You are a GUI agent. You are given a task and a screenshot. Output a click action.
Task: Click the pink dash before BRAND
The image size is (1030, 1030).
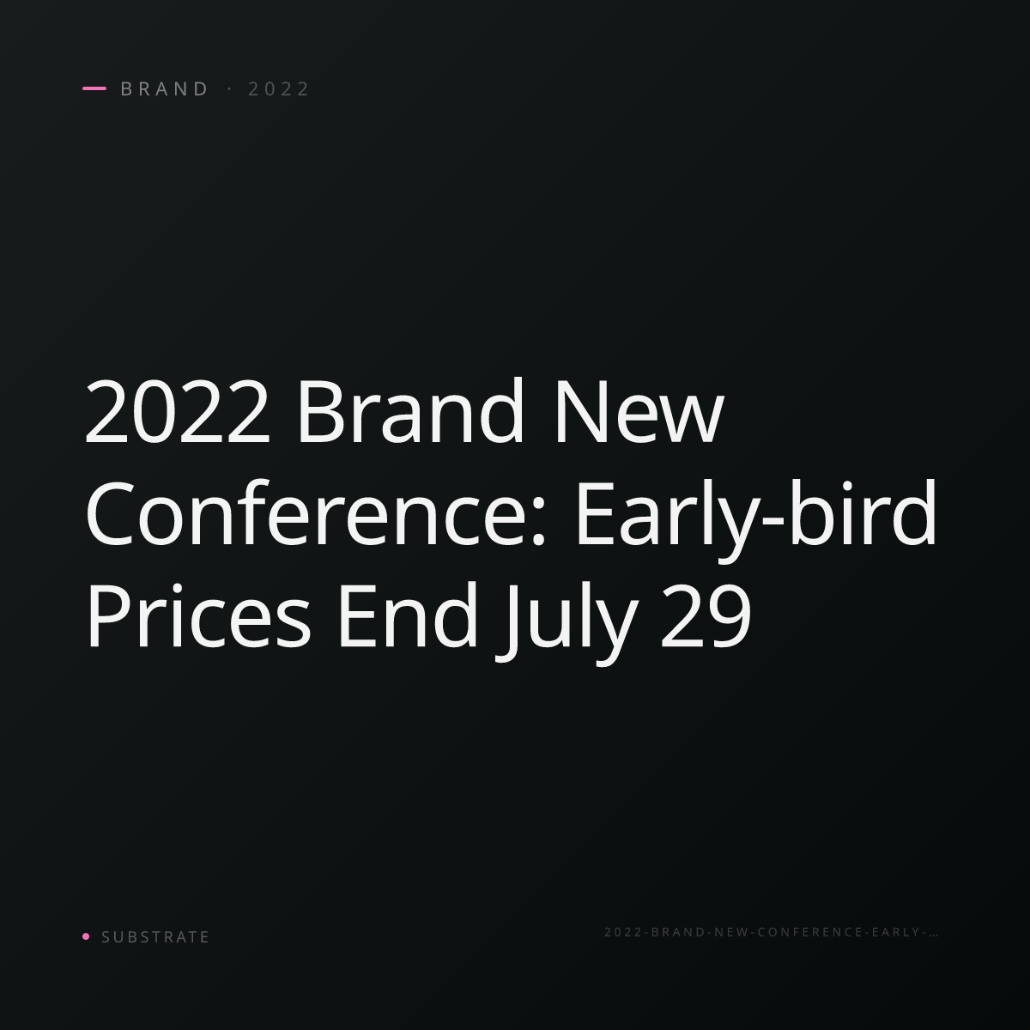(94, 88)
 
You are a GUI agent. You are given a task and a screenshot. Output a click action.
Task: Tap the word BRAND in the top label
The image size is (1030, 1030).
(164, 89)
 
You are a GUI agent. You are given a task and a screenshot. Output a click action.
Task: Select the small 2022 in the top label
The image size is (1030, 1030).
(278, 89)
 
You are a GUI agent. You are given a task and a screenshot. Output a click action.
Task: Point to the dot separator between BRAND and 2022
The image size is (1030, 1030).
(230, 89)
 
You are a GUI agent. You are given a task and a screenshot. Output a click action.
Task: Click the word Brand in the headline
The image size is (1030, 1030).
(410, 410)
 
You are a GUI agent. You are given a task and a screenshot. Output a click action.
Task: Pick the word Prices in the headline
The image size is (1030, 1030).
(198, 614)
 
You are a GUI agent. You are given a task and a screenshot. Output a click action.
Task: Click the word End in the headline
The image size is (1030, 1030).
(408, 614)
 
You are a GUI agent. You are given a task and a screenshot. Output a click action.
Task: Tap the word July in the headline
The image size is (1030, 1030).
(566, 621)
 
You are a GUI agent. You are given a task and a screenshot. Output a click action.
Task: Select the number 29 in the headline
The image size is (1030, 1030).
(706, 615)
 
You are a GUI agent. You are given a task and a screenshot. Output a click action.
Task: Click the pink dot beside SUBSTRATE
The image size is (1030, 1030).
(86, 936)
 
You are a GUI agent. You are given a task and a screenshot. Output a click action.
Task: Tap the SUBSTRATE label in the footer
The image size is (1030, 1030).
(155, 936)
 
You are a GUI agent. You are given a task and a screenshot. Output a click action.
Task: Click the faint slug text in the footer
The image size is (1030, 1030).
(771, 931)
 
